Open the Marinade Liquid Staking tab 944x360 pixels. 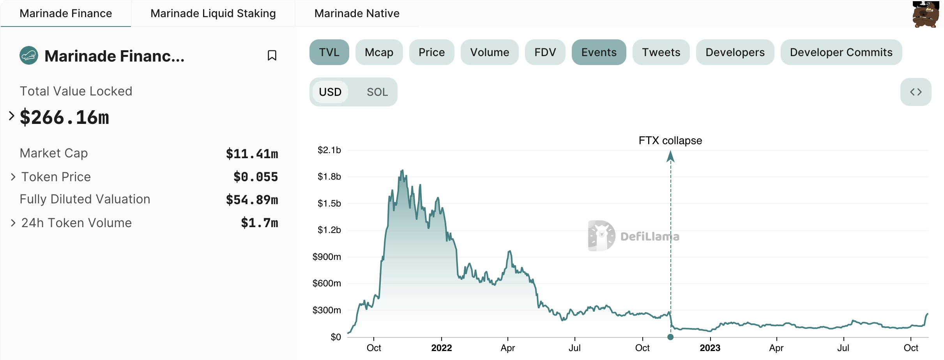213,14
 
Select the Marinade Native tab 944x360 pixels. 357,14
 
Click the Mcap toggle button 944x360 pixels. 379,52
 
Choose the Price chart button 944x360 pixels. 431,52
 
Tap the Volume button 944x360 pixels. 490,52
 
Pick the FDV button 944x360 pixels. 545,52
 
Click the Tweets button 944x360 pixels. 661,52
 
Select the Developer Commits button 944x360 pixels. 841,52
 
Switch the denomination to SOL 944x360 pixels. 377,92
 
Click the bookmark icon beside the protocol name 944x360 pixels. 272,56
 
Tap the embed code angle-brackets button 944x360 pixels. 916,92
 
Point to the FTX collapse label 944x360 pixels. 670,141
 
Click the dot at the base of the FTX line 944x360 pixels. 670,337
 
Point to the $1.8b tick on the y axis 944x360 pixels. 329,177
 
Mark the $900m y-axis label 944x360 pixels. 327,257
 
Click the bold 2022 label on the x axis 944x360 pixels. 441,348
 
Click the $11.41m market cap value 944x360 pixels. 252,154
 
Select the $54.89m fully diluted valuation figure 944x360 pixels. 252,200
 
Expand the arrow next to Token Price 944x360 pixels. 13,177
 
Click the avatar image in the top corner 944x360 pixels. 925,14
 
